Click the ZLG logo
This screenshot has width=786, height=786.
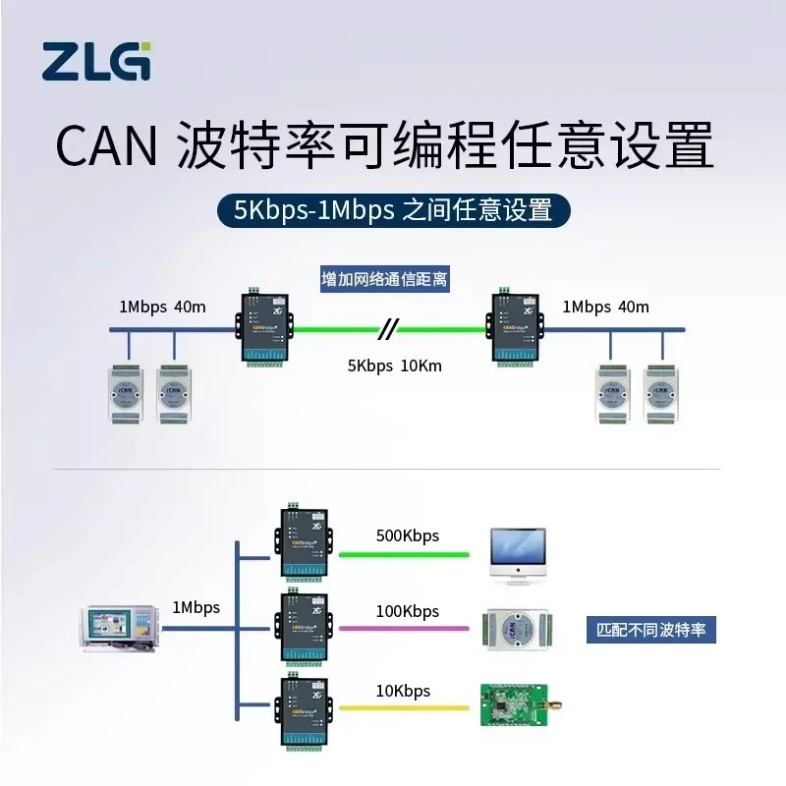(x=97, y=61)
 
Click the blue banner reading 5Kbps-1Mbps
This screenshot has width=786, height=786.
(x=393, y=209)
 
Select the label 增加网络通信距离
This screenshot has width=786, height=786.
(x=385, y=280)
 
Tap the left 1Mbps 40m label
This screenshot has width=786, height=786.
(x=162, y=306)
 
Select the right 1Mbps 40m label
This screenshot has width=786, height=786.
(x=605, y=306)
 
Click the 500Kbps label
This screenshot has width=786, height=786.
(x=407, y=536)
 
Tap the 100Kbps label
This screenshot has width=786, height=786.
(x=407, y=611)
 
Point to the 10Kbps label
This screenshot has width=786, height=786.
(x=403, y=691)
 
